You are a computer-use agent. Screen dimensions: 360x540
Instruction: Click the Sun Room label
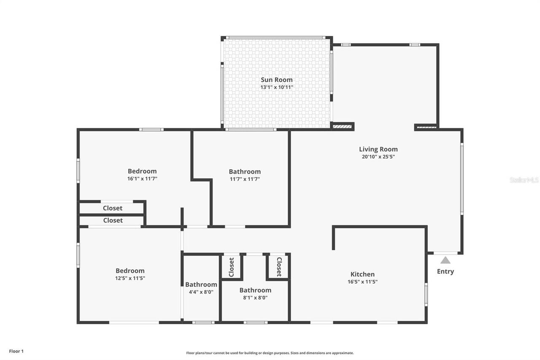click(276, 80)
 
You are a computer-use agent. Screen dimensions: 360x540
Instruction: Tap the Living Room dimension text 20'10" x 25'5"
click(378, 157)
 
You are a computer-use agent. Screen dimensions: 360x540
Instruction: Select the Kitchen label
click(362, 274)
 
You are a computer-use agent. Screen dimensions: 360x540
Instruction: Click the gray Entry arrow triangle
click(445, 260)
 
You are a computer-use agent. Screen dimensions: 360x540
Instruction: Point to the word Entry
click(445, 271)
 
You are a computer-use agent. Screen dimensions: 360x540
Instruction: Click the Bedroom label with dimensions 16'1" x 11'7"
click(142, 171)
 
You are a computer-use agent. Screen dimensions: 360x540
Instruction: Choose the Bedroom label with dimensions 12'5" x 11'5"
click(130, 271)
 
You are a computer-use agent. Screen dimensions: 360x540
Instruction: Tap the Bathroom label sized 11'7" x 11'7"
click(245, 171)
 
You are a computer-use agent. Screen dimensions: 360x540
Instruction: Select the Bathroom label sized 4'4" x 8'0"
click(201, 284)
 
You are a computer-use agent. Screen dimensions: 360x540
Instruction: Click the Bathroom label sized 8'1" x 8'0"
click(255, 290)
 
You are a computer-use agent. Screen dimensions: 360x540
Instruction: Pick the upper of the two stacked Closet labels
click(113, 208)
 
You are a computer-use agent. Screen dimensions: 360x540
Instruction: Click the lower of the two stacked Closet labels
click(113, 220)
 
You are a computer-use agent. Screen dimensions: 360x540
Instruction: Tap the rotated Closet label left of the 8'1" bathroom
click(231, 267)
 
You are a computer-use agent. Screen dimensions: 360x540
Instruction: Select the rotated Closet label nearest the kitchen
click(279, 267)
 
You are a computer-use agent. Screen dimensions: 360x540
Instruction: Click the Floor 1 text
click(16, 351)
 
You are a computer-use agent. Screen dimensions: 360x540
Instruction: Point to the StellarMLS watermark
click(524, 180)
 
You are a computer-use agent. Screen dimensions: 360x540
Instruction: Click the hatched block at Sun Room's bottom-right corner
click(342, 126)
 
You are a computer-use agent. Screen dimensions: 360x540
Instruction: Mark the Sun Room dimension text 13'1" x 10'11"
click(276, 87)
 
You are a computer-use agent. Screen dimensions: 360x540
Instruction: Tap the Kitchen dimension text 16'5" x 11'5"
click(362, 282)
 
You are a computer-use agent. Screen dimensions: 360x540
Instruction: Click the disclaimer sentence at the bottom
click(270, 353)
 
